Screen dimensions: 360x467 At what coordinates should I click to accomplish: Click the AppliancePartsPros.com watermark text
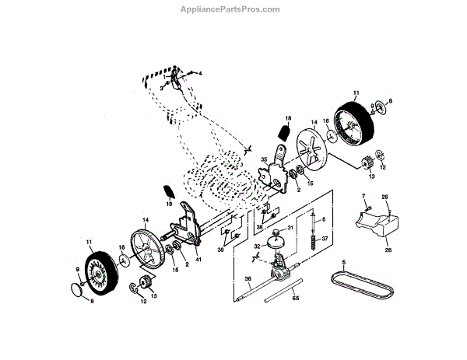coord(233,9)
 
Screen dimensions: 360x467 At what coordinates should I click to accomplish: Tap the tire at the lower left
coord(99,267)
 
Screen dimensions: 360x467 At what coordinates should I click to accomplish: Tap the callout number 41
coord(198,258)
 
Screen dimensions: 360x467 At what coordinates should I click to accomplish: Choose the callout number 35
coord(264,161)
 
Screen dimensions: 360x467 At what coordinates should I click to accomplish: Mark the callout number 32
coord(255,246)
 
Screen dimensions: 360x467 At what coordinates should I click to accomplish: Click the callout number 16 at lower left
coord(121,246)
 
